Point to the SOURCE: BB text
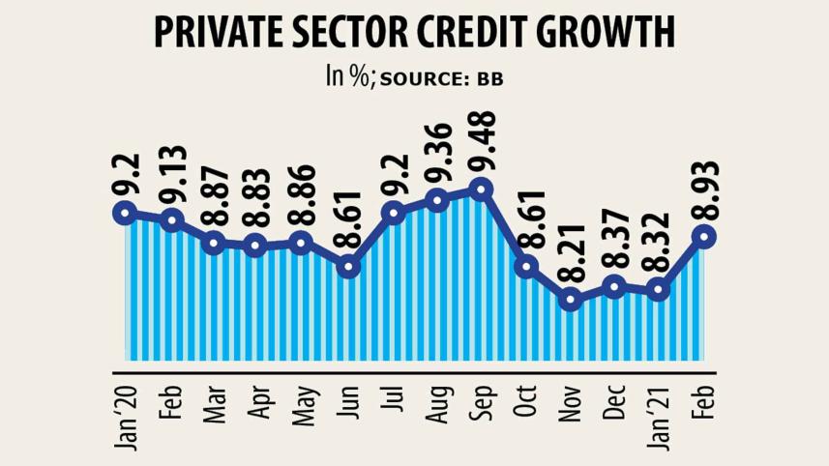(441, 78)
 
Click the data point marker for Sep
(481, 189)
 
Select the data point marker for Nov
(571, 300)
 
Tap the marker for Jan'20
(123, 213)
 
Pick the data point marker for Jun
(349, 265)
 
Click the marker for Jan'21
(659, 289)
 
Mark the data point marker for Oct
(526, 266)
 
